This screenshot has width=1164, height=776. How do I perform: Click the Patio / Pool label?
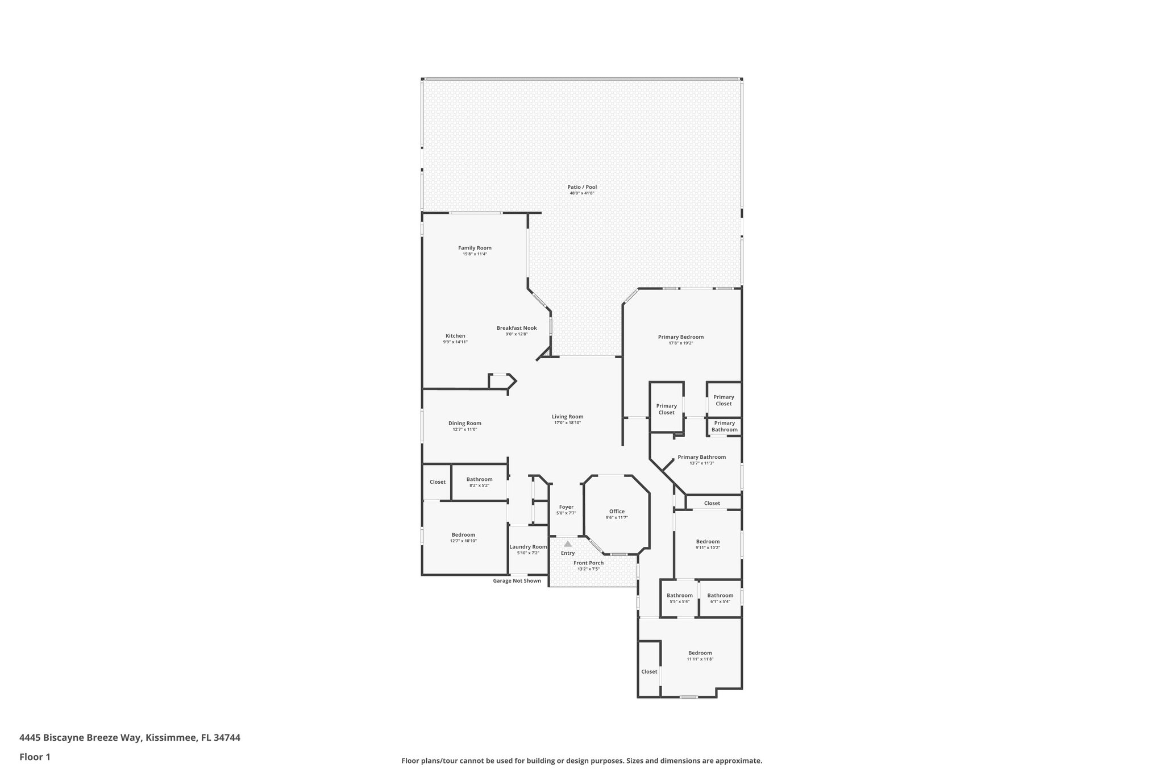[x=582, y=187]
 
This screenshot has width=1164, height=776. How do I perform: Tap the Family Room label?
[x=475, y=248]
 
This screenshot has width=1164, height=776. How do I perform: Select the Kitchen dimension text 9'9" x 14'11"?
[x=455, y=342]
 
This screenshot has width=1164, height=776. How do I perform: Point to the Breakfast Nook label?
[x=517, y=328]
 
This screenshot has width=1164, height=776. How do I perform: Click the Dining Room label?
[x=464, y=423]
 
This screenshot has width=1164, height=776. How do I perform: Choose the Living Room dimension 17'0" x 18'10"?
[x=567, y=423]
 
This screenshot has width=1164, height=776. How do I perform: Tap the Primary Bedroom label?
[x=680, y=337]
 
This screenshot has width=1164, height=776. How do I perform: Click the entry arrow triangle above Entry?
[x=567, y=544]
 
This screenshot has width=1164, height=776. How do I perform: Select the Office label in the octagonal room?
[x=617, y=511]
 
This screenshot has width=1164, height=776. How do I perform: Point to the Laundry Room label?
[x=528, y=547]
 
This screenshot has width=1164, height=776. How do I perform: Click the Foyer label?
[x=566, y=507]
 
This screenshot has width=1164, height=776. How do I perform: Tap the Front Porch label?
[x=588, y=563]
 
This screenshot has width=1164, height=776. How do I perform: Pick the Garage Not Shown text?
[x=517, y=581]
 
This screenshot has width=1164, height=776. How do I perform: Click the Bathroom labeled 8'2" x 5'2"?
[x=479, y=479]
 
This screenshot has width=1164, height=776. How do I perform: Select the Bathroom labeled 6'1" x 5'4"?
[x=720, y=596]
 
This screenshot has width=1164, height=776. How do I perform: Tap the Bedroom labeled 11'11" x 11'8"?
[x=700, y=653]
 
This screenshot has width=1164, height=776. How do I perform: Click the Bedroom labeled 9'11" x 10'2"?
[x=708, y=542]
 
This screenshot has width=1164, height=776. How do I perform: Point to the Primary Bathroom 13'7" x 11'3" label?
[x=701, y=457]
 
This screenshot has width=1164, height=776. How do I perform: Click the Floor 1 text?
[x=35, y=757]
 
